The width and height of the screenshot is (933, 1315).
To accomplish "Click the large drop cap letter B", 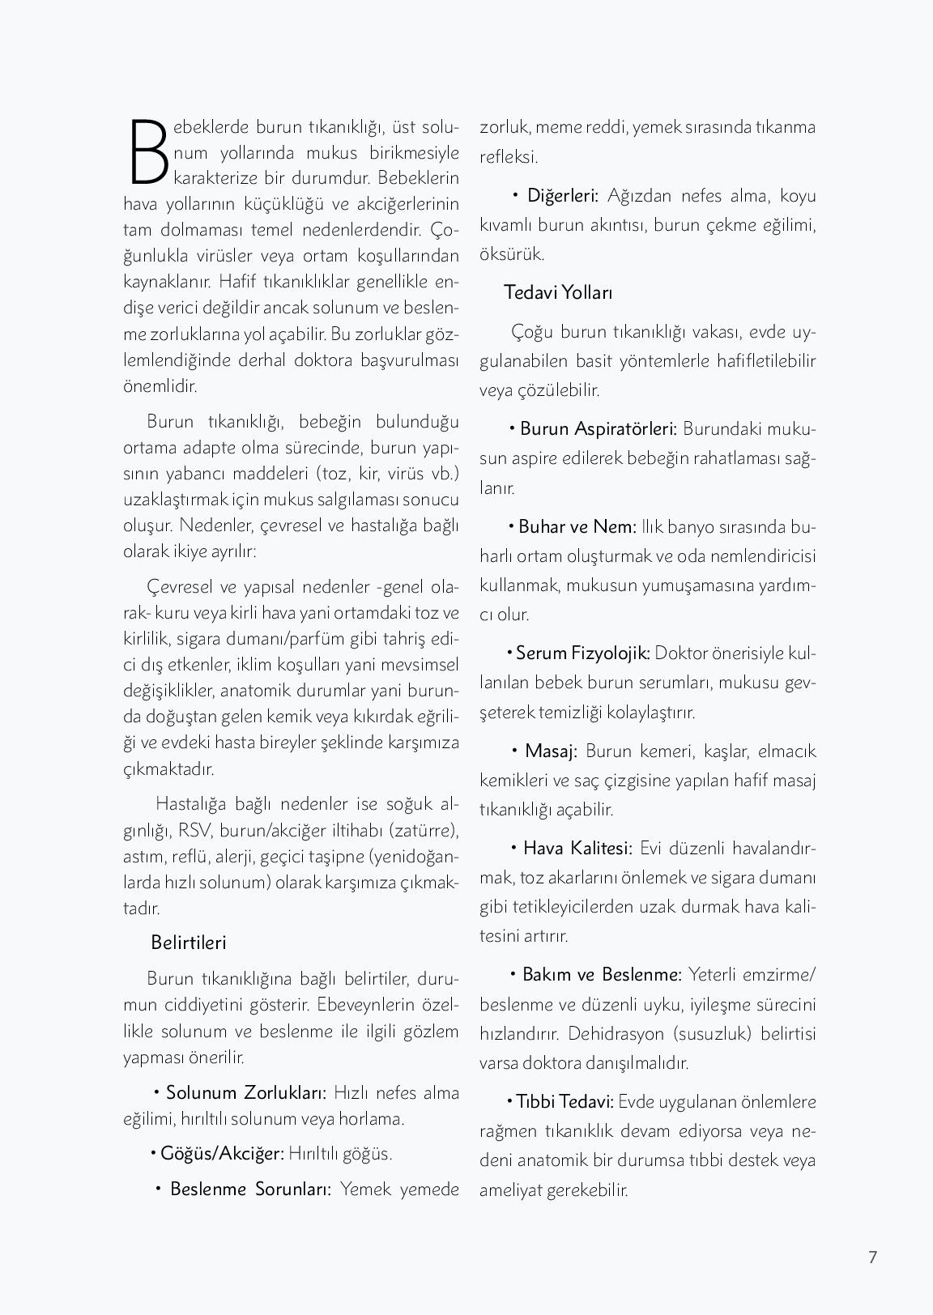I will [147, 152].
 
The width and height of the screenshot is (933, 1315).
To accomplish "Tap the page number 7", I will [872, 1257].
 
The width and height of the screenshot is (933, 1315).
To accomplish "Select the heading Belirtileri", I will [188, 943].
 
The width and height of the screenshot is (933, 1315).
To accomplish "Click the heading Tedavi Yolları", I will [558, 292].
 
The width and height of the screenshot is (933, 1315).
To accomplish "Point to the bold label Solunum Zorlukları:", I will [245, 1092].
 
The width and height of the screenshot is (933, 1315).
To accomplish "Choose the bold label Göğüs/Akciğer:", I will [222, 1153].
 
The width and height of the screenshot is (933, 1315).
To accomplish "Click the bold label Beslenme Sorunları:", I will [250, 1189].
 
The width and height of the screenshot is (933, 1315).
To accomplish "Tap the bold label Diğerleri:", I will [562, 195].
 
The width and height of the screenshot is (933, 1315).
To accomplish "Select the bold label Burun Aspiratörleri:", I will [598, 428].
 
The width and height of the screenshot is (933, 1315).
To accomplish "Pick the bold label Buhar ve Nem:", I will [577, 526].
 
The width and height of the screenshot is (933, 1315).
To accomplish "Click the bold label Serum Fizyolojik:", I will [582, 653].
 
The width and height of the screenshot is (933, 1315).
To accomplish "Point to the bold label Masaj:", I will [551, 751].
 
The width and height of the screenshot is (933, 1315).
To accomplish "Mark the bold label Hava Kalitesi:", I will [577, 848].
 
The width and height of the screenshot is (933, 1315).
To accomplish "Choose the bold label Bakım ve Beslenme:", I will [602, 974].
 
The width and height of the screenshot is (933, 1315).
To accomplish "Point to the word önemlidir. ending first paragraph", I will [160, 385].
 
